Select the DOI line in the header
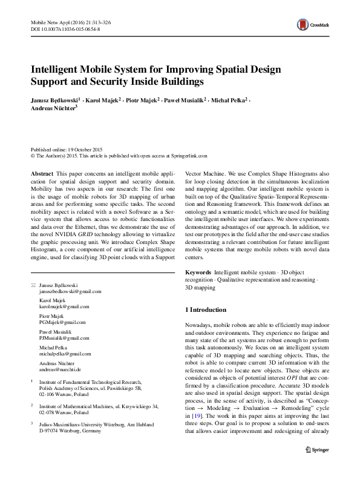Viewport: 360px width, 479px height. [x=65, y=28]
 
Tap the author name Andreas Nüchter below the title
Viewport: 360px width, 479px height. [x=54, y=108]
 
